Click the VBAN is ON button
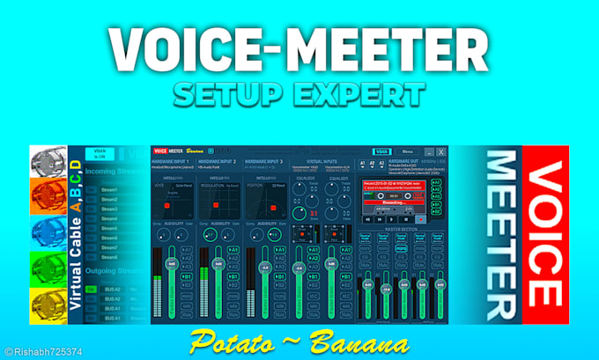point(99,154)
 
